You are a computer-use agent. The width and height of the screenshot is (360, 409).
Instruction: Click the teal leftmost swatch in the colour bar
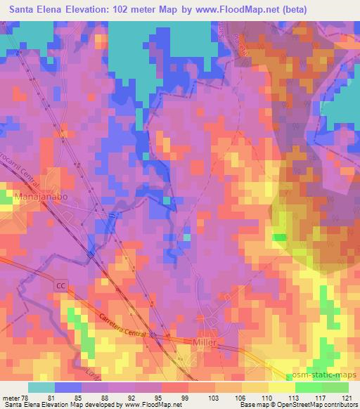[41, 387]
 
